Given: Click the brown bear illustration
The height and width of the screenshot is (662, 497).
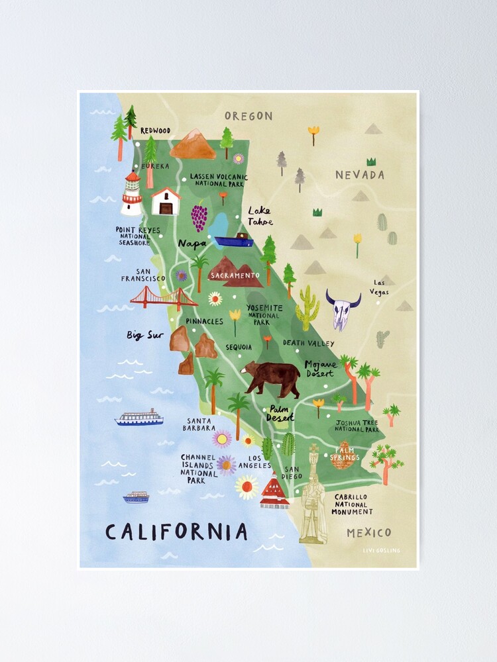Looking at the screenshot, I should [x=272, y=377].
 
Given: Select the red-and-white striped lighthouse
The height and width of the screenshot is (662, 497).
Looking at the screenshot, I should [x=132, y=194].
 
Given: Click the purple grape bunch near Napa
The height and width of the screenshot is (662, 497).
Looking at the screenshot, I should [x=199, y=217].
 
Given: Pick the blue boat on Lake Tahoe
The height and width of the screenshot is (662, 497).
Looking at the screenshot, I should [x=233, y=241].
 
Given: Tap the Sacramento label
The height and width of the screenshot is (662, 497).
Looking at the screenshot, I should [x=235, y=275].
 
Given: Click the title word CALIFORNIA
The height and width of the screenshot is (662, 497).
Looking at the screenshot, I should [x=176, y=532].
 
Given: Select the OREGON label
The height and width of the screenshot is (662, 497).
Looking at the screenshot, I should [x=248, y=116].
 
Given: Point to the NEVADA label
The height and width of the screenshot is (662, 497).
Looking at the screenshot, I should [x=359, y=175].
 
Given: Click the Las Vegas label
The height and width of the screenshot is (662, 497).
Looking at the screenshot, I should [x=380, y=287].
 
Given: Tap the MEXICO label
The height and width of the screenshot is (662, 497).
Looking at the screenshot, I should [x=369, y=532].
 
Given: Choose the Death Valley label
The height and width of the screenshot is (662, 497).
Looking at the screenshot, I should [x=308, y=343].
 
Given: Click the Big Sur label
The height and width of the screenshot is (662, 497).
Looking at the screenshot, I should [x=145, y=335].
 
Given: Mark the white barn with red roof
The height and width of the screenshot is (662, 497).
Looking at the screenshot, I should [x=166, y=201].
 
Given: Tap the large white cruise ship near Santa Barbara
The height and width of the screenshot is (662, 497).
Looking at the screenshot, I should [x=138, y=418].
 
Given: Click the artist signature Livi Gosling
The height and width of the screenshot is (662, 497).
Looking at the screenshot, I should [x=381, y=550].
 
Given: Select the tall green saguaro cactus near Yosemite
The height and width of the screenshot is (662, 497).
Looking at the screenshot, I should [x=307, y=308].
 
